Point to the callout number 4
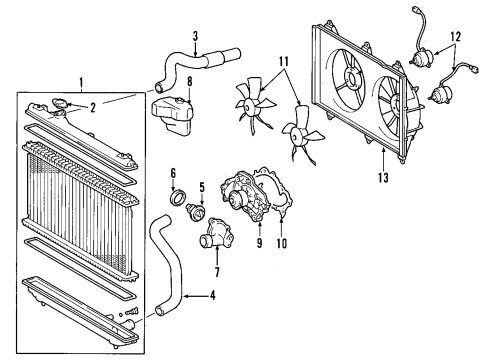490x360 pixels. [x=212, y=294]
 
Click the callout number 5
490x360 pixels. [x=202, y=186]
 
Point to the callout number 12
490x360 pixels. [x=459, y=39]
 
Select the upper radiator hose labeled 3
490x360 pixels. [x=200, y=47]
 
